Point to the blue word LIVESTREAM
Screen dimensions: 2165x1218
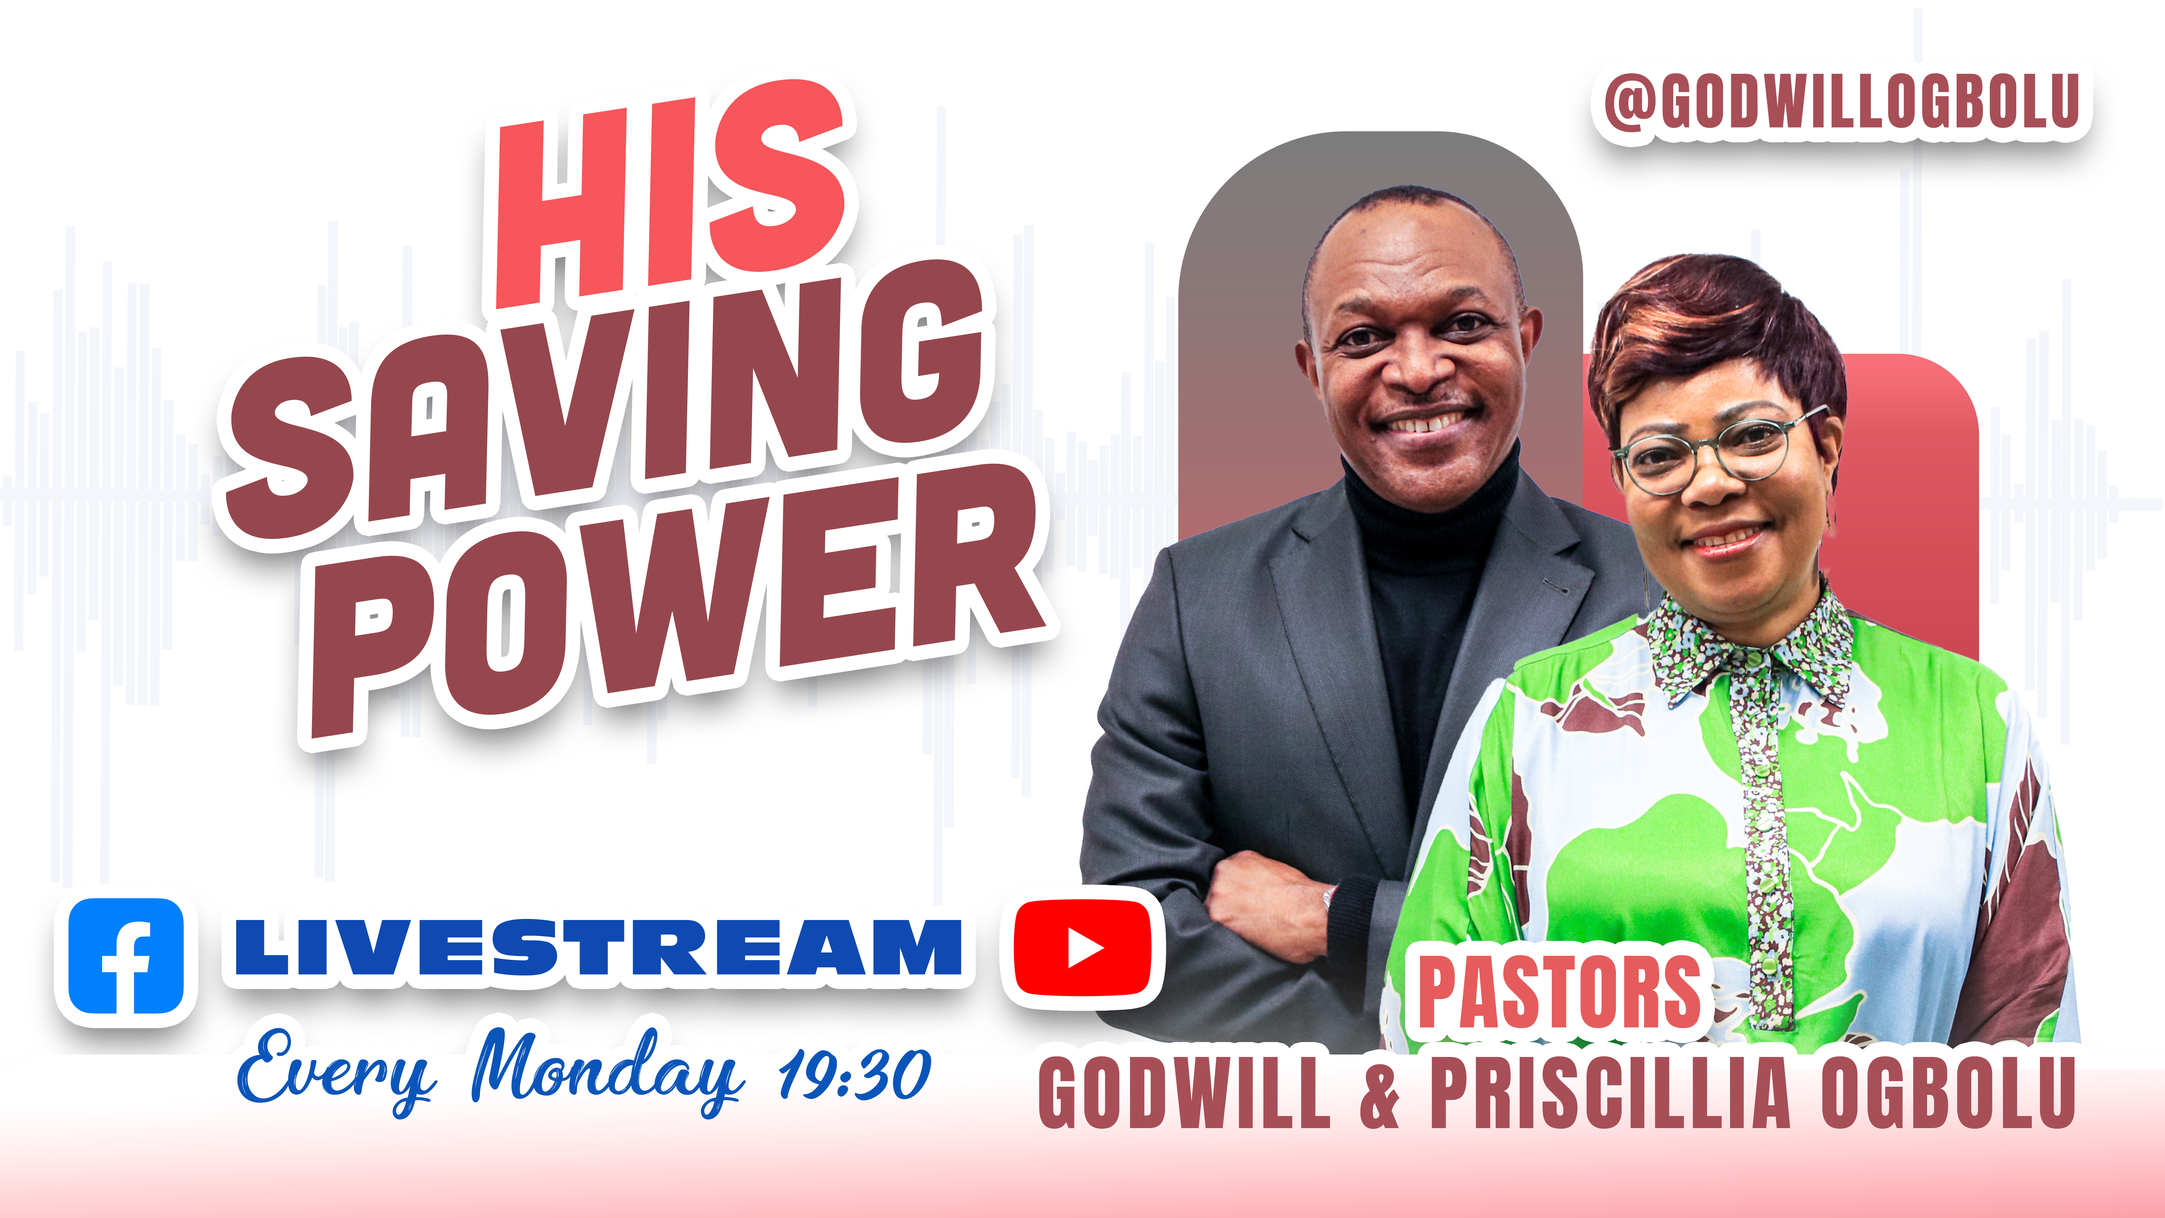598,947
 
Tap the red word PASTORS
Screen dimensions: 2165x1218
1559,992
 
